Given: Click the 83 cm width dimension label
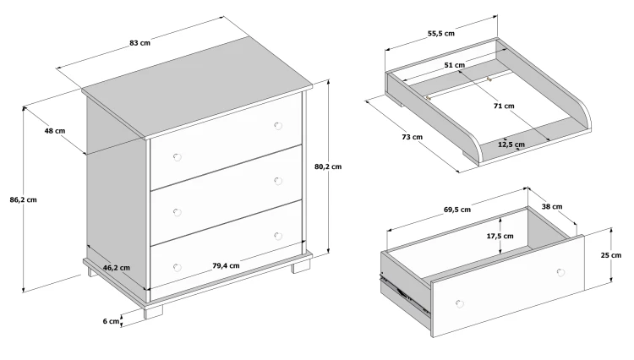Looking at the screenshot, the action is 139,43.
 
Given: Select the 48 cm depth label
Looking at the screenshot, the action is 55,131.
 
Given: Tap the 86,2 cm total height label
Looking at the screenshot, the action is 24,199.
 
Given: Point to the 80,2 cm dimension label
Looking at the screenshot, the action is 328,166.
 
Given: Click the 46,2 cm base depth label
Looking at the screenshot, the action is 117,268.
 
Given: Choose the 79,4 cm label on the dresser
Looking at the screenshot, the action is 226,265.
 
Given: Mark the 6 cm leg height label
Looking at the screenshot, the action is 112,321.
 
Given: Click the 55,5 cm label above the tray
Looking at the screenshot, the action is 441,34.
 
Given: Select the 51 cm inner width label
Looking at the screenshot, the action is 455,65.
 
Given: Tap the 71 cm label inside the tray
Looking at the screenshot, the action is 504,106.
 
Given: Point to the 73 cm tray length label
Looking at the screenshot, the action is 412,137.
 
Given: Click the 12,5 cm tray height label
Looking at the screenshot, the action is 511,145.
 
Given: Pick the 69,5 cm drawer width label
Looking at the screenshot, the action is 457,210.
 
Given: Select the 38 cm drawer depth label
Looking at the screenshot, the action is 552,206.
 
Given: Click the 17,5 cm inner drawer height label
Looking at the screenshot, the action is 500,236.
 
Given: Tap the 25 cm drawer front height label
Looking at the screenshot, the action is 611,255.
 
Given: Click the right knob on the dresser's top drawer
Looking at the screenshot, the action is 278,126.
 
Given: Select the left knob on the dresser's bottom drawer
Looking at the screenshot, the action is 178,268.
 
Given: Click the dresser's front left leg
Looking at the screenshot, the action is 153,312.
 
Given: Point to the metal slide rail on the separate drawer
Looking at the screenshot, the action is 403,294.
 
